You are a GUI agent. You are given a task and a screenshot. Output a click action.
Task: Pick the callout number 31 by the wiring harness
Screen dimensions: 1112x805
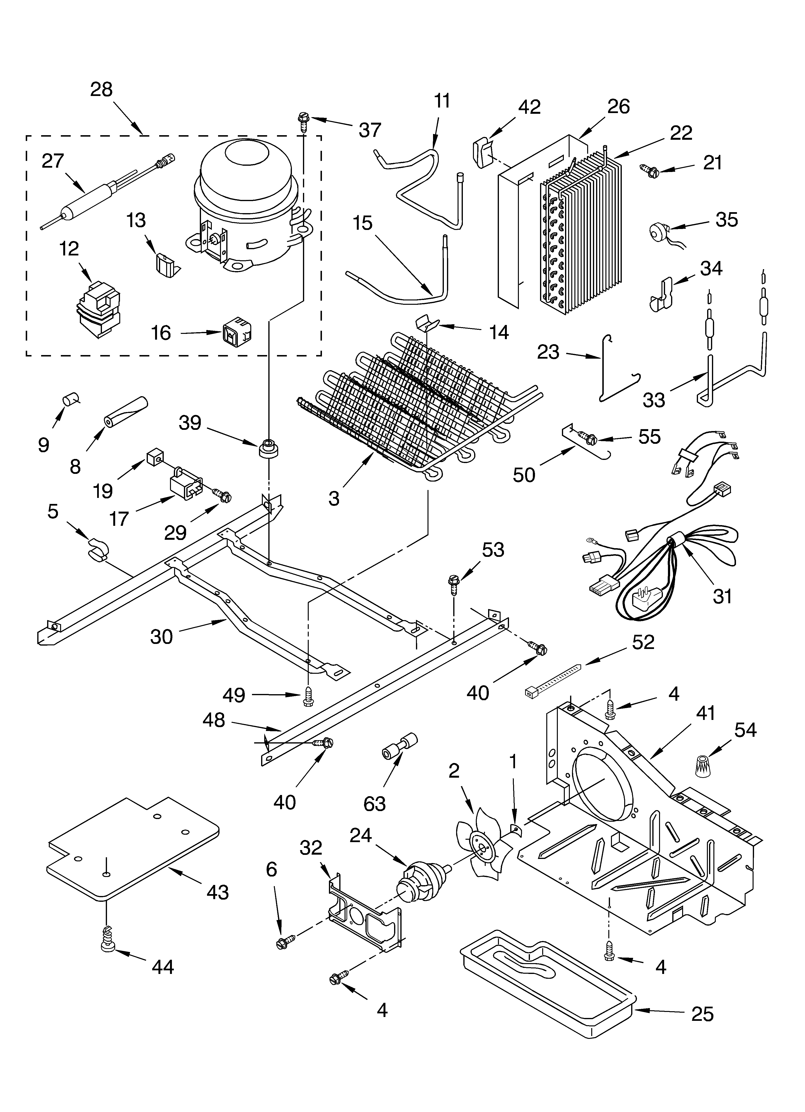tap(722, 596)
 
